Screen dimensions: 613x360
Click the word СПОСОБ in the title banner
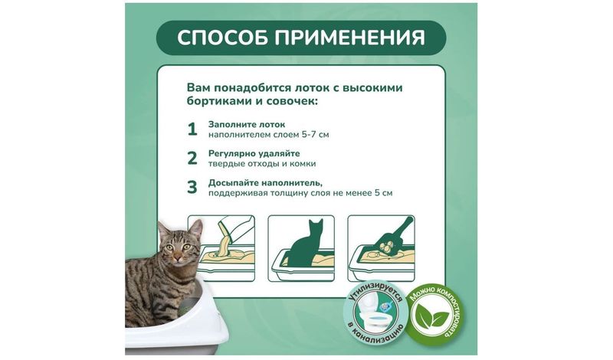coord(222,38)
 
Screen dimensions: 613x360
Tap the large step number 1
coord(192,129)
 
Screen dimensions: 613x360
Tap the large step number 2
coord(192,159)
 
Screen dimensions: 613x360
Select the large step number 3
coord(192,187)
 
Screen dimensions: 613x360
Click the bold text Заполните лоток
coord(247,125)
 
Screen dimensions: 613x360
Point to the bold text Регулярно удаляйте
coord(254,154)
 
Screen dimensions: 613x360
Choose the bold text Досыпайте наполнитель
coord(266,183)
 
